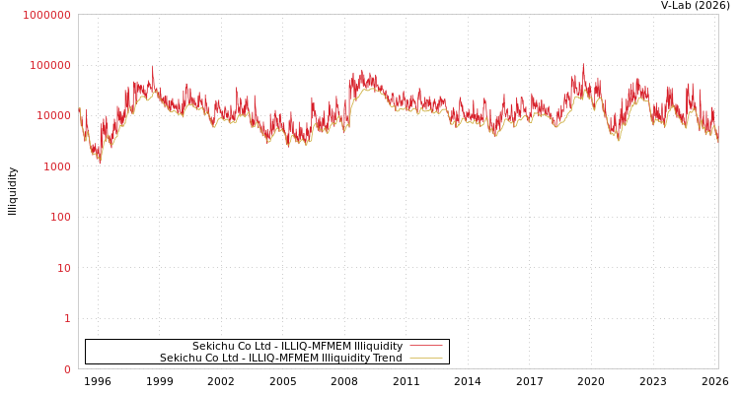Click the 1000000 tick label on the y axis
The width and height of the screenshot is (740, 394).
pyautogui.click(x=46, y=15)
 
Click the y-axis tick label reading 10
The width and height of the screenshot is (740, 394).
pyautogui.click(x=64, y=268)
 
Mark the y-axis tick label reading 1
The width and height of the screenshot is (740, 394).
pyautogui.click(x=68, y=318)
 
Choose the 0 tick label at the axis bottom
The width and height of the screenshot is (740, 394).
pyautogui.click(x=68, y=369)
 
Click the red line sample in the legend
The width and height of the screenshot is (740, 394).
pyautogui.click(x=425, y=346)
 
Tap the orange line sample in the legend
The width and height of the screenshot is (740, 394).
pyautogui.click(x=425, y=358)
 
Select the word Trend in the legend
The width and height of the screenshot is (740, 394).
pyautogui.click(x=386, y=358)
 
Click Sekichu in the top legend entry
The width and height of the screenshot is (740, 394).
pyautogui.click(x=214, y=346)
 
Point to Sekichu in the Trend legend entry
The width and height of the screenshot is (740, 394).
pyautogui.click(x=182, y=358)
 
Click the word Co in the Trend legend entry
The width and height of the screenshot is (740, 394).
pyautogui.click(x=214, y=358)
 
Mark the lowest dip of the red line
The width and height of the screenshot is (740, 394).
pyautogui.click(x=99, y=161)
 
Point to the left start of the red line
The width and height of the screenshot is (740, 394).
pyautogui.click(x=79, y=108)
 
